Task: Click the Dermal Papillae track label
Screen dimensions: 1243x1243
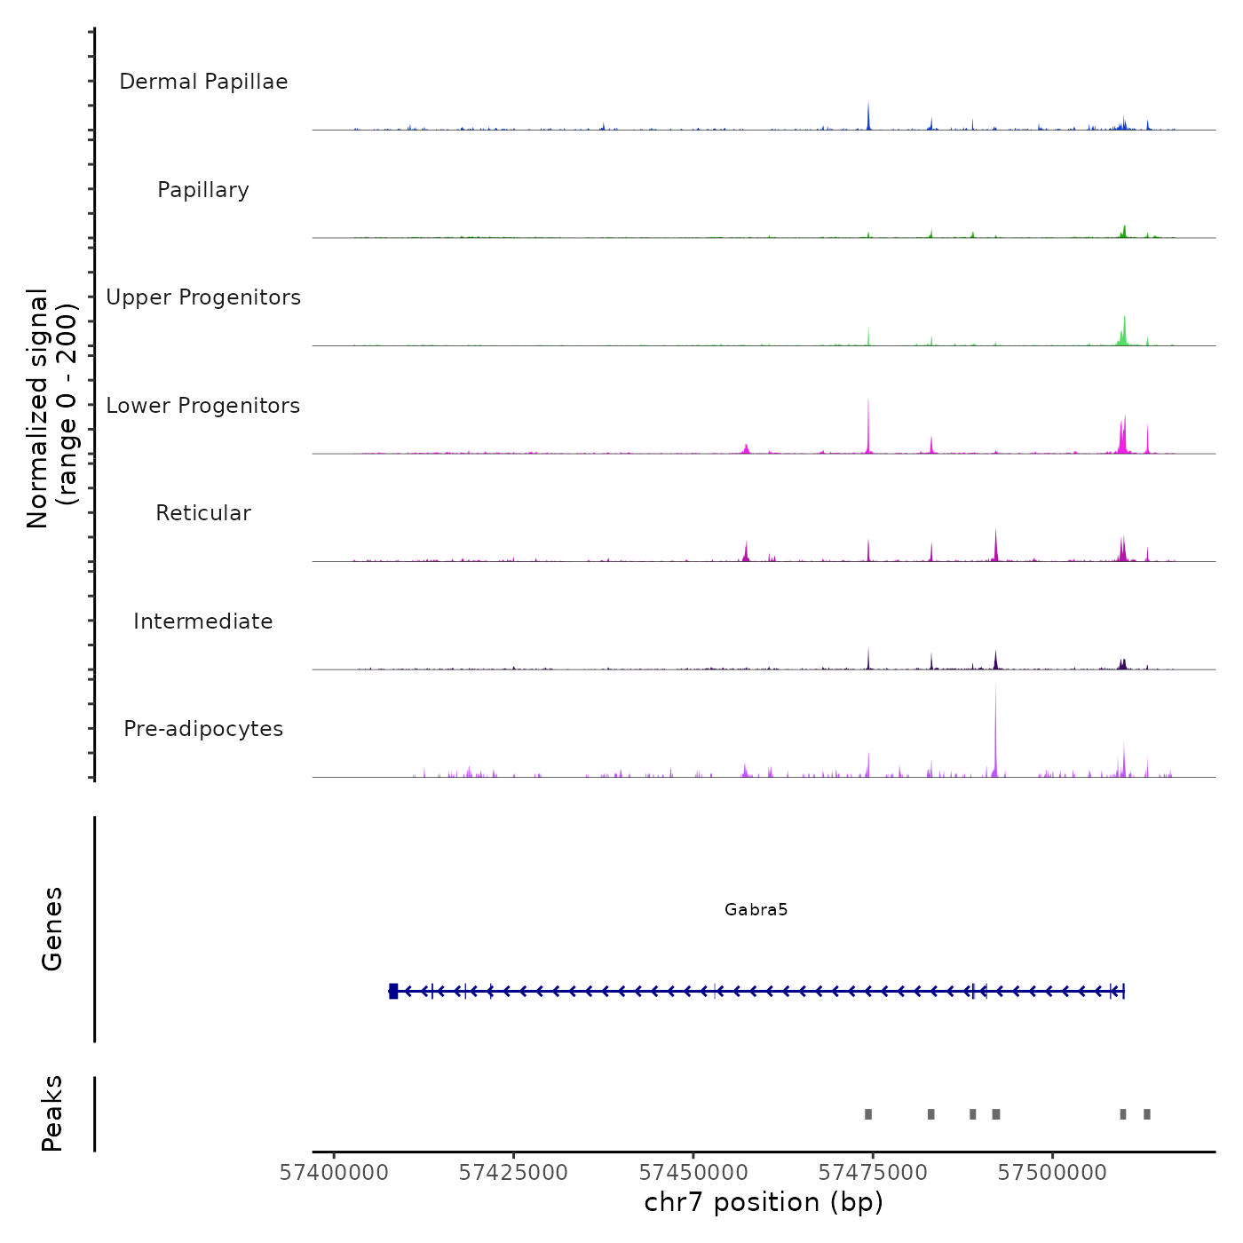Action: tap(203, 82)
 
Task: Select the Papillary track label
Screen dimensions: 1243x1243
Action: tap(203, 190)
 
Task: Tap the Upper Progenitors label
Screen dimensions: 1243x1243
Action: tap(203, 297)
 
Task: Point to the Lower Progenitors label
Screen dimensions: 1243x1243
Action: tap(203, 406)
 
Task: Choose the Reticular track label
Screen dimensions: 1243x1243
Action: tap(203, 513)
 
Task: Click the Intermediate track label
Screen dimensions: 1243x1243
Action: tap(203, 621)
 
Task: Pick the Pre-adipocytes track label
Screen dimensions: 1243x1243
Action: tap(203, 729)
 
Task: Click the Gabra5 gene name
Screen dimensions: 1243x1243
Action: tap(756, 910)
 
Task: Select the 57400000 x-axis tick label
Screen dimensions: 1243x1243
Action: tap(334, 1173)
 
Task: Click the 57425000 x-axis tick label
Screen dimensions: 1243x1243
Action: tap(513, 1173)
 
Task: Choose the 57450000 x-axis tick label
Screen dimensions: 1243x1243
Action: tap(693, 1173)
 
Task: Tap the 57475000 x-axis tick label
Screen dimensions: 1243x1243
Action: tap(873, 1173)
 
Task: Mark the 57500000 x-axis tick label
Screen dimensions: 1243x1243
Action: tap(1052, 1173)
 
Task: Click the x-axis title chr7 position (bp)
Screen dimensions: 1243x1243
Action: tap(764, 1203)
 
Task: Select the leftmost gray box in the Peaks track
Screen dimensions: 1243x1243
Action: tap(868, 1114)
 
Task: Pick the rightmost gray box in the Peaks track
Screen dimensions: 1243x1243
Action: tap(1147, 1114)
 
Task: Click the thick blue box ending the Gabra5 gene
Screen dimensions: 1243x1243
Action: tap(393, 992)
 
